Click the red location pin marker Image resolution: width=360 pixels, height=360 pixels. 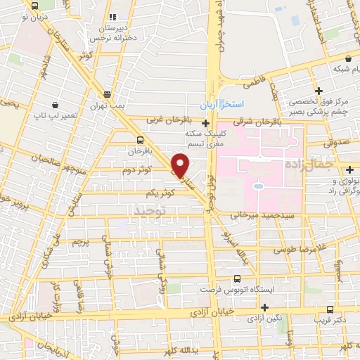tap(181, 165)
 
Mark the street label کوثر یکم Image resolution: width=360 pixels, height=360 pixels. tap(160, 193)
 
